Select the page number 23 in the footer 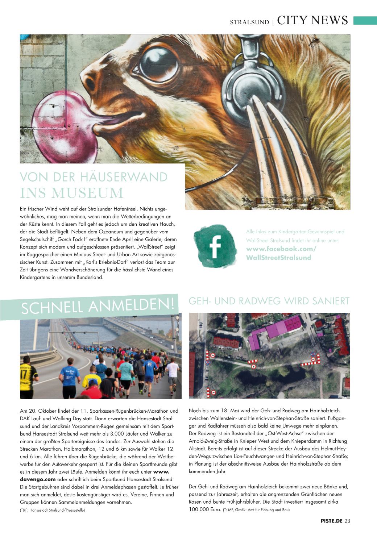[347, 521]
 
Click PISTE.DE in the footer [331, 521]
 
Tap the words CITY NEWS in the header [312, 21]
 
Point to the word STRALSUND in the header [249, 22]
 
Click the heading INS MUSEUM [72, 193]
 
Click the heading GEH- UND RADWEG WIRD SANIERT [269, 301]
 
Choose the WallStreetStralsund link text [278, 258]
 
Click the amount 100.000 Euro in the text [205, 510]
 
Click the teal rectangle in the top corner [365, 21]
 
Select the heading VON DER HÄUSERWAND [94, 177]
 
